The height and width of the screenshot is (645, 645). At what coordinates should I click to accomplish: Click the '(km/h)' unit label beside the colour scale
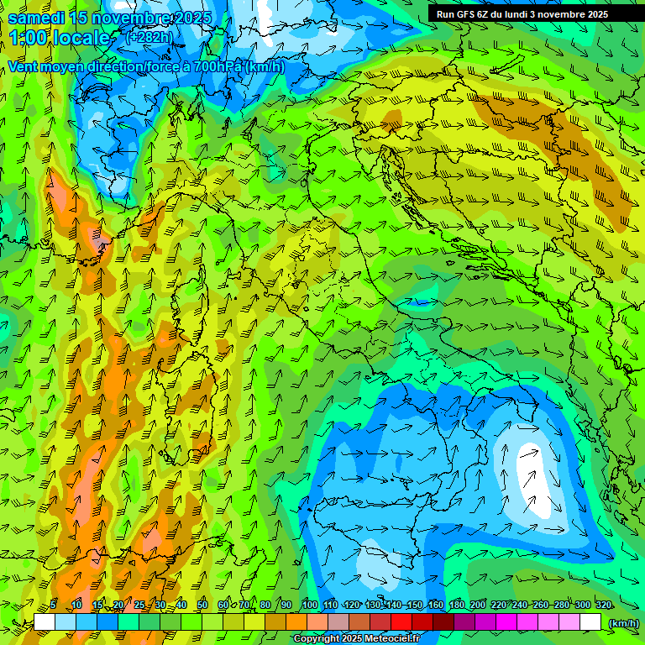pos(623,623)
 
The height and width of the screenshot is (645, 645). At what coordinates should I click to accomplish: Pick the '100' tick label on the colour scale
pos(309,606)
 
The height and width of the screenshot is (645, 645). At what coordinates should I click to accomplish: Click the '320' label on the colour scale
pos(603,606)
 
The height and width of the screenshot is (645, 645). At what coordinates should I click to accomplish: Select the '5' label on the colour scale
pos(53,606)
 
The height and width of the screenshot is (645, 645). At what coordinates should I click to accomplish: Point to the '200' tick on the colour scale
pos(477,606)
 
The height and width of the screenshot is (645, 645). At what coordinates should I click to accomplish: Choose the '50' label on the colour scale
pos(202,606)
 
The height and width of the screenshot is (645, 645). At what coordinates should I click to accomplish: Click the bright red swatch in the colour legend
pos(401,622)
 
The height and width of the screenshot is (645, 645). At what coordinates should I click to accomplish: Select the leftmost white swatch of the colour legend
pos(45,622)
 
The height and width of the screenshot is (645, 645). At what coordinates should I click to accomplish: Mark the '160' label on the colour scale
pos(435,606)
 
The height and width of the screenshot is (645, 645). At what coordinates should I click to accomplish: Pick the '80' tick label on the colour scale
pos(265,606)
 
